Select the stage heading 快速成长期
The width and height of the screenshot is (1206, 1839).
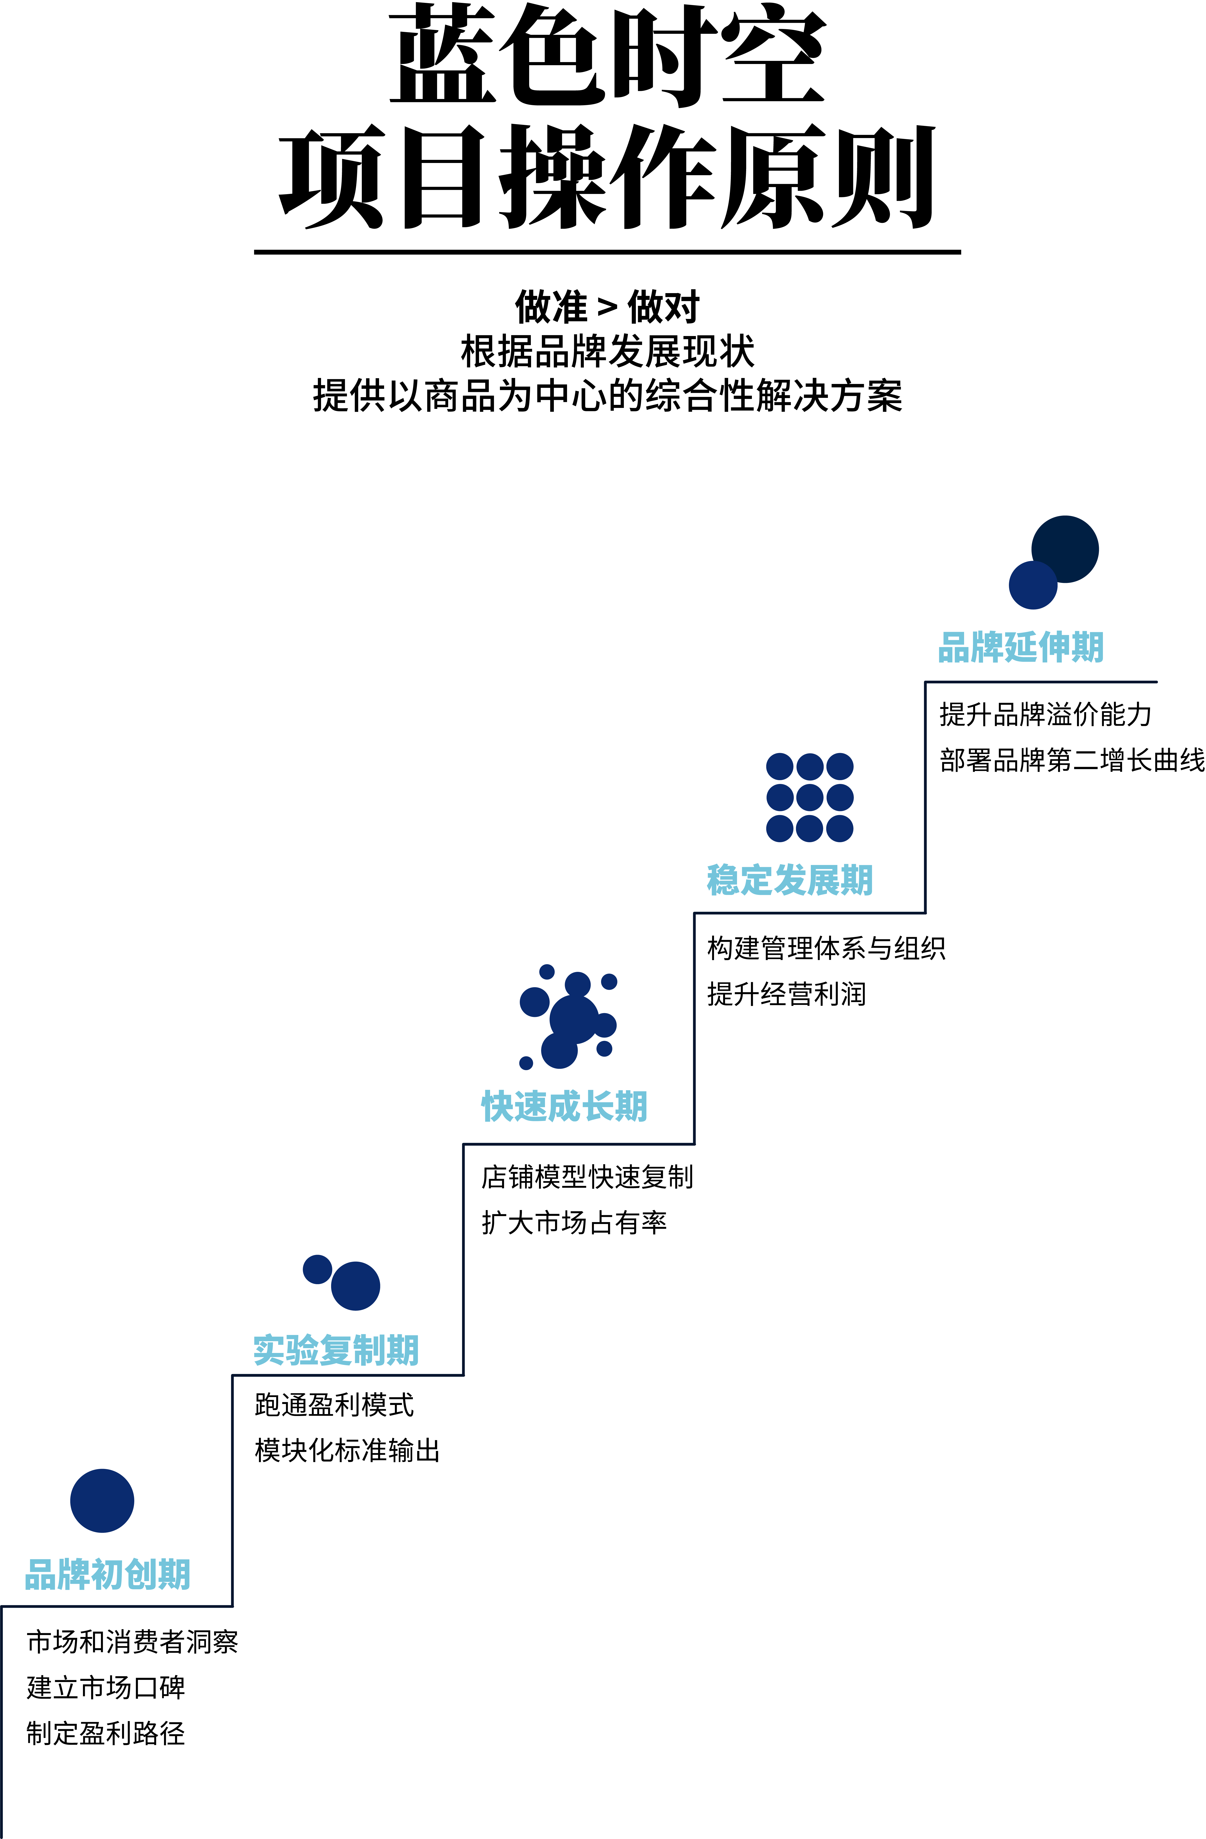pos(564,1106)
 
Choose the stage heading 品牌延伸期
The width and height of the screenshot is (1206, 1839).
pos(1020,647)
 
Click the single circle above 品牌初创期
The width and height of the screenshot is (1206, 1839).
pos(102,1501)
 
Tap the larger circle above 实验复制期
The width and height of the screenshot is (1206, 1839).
pos(356,1286)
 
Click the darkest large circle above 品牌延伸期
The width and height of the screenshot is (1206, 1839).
pos(1065,549)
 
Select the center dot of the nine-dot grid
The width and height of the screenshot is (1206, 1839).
pos(809,797)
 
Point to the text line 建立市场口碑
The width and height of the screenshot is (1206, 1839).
pos(106,1688)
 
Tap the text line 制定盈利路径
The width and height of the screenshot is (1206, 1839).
pos(106,1733)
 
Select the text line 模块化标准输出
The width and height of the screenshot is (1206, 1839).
pos(347,1450)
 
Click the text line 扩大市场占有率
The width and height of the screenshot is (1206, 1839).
pos(574,1222)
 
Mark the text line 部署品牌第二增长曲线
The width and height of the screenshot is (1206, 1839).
pos(1072,760)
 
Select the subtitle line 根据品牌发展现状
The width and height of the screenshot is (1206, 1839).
pos(608,352)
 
